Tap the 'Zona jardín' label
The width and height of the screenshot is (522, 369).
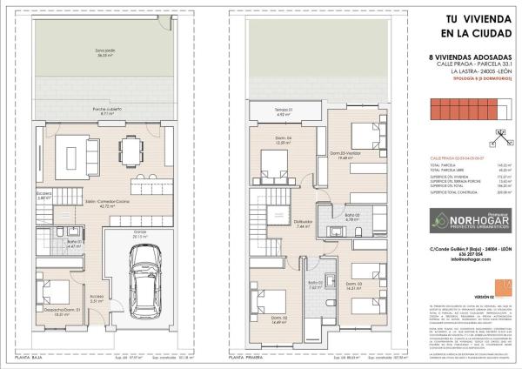pyautogui.click(x=106, y=77)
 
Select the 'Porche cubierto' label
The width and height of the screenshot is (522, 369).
pyautogui.click(x=108, y=111)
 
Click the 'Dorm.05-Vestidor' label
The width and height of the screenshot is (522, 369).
pyautogui.click(x=345, y=157)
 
